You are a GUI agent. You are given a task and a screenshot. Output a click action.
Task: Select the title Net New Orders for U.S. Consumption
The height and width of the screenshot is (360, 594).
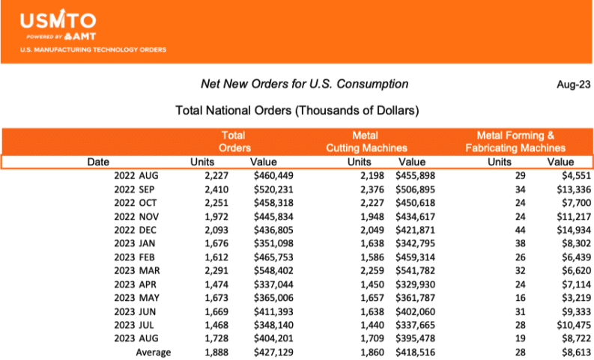coord(304,84)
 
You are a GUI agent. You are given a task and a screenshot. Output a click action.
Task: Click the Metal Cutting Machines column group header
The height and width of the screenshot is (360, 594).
coord(366,141)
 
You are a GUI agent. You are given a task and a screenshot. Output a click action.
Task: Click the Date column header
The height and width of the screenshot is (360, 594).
coord(98,162)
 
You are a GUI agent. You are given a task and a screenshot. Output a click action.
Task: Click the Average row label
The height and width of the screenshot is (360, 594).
coord(153,353)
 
